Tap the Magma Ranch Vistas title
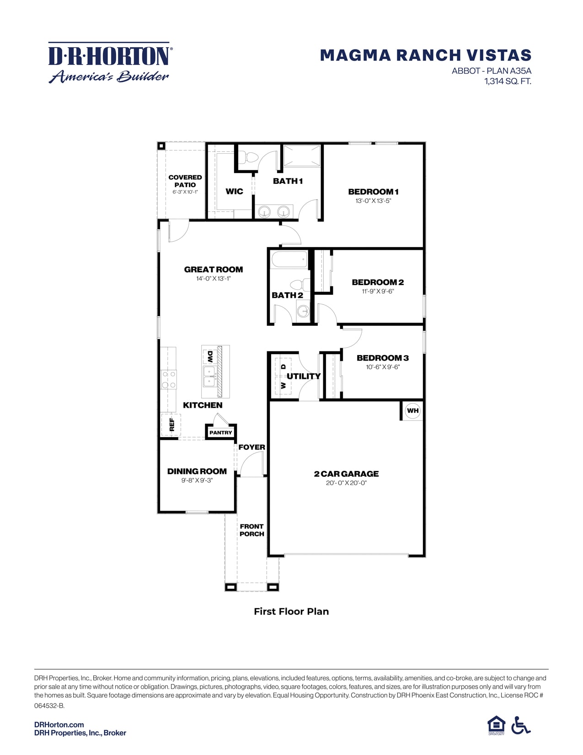tap(425, 55)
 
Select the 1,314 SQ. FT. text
tap(508, 81)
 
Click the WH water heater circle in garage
tap(412, 410)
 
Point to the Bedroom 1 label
tap(373, 192)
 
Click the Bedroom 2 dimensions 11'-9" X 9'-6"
tap(378, 291)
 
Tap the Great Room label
tap(214, 270)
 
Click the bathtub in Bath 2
tap(289, 260)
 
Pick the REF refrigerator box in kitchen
tap(171, 425)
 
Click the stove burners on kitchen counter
tap(169, 379)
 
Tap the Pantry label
tap(221, 432)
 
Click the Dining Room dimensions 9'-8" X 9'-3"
tap(197, 480)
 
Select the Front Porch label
tap(251, 530)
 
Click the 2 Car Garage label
tap(346, 474)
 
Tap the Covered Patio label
tap(185, 181)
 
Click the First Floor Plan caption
tap(291, 611)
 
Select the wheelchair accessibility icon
tap(520, 725)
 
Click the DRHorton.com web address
tap(59, 724)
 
